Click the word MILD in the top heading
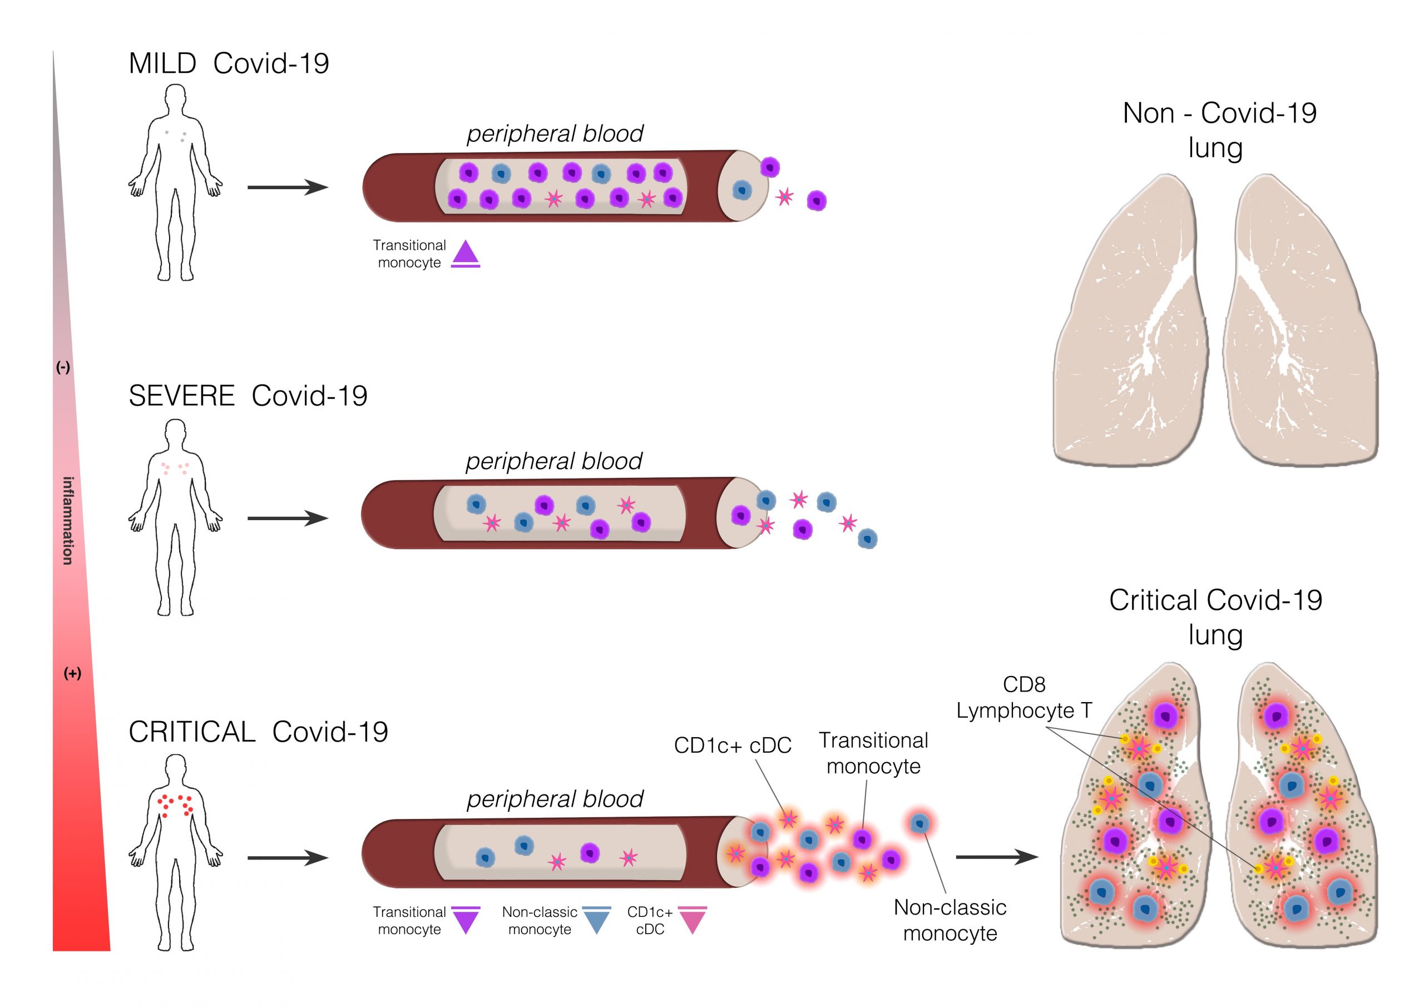click(162, 63)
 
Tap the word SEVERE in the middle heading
click(182, 396)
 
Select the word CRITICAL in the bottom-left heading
click(192, 732)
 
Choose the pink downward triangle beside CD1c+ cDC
click(692, 920)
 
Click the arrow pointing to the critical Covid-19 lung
click(997, 857)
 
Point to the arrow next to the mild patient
click(288, 187)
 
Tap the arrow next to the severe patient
click(288, 518)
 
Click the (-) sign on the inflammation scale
click(63, 367)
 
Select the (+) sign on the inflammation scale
click(72, 673)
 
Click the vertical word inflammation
click(68, 521)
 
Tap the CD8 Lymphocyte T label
click(1024, 698)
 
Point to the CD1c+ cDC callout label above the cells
click(733, 745)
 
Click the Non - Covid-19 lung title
click(1219, 130)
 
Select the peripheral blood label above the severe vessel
click(554, 461)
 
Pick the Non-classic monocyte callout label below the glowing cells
click(950, 920)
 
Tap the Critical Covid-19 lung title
click(1215, 618)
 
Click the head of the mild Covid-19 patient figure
click(176, 98)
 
